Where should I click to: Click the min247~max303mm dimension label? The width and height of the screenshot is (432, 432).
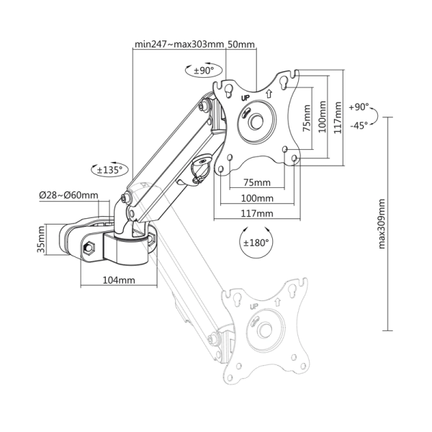click(179, 45)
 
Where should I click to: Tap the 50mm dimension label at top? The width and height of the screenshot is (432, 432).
click(241, 45)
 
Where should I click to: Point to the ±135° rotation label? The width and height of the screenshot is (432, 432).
click(110, 171)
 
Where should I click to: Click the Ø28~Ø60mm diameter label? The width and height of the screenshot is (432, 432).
click(70, 195)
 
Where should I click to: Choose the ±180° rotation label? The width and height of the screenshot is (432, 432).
click(256, 242)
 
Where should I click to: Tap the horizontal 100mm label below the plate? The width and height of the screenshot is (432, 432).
click(257, 198)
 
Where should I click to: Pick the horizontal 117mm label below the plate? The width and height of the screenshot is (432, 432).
click(257, 214)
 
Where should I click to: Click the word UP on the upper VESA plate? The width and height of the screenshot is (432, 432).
click(245, 97)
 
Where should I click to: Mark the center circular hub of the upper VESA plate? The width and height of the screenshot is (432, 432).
click(257, 122)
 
